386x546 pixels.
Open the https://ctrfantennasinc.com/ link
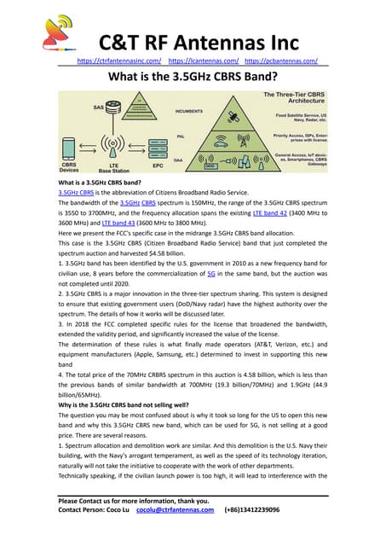point(120,61)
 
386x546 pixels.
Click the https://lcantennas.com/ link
point(203,61)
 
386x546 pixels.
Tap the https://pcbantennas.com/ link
point(281,61)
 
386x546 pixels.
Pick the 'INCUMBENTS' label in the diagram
point(188,111)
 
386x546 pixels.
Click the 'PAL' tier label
point(180,136)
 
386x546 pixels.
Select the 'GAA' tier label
point(179,160)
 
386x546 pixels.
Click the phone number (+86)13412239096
point(263,533)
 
